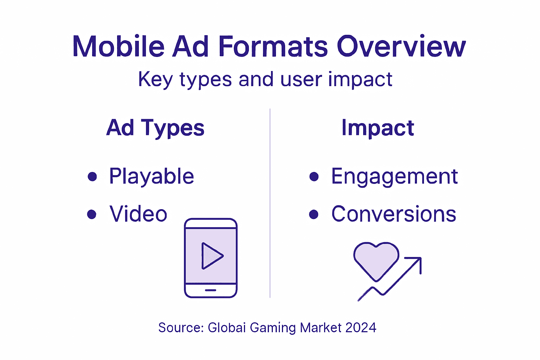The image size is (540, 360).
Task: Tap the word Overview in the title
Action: (401, 46)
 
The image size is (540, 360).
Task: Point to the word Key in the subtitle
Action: (155, 79)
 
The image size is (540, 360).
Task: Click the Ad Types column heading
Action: (155, 128)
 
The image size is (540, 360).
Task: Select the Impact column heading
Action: (378, 128)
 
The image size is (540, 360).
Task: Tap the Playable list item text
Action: (152, 176)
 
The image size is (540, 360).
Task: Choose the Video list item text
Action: (138, 214)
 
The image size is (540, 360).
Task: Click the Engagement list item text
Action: (394, 176)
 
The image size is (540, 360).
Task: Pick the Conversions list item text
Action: (394, 214)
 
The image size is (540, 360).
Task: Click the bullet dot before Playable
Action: (92, 176)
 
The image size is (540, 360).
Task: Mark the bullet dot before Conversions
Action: (314, 214)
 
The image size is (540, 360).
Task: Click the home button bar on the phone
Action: (211, 290)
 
